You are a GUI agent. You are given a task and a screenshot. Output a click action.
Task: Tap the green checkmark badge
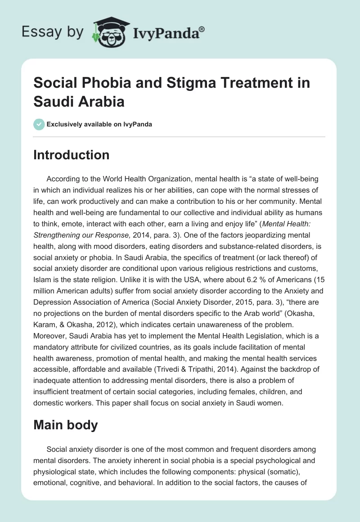point(39,124)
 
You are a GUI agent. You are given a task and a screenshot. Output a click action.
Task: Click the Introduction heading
point(72,155)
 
